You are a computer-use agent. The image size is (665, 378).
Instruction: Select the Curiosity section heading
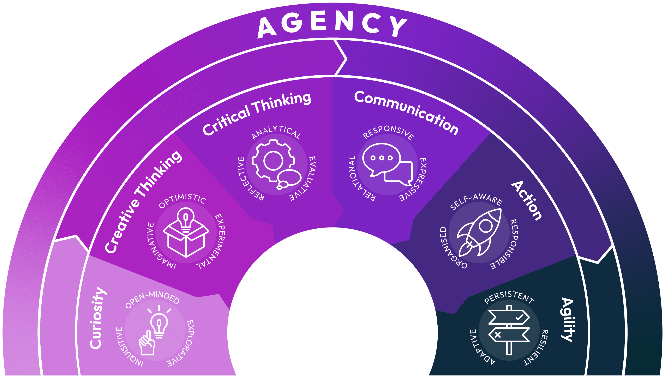[x=98, y=318]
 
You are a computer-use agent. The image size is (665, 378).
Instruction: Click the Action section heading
[x=527, y=201]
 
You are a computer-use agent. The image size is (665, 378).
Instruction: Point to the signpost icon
[x=509, y=330]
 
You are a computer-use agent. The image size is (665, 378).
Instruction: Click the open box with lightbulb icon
[x=186, y=232]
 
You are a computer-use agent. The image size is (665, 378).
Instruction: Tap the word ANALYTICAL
[x=276, y=132]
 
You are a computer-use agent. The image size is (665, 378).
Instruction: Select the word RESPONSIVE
[x=388, y=132]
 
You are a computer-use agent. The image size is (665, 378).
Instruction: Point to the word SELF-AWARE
[x=476, y=201]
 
